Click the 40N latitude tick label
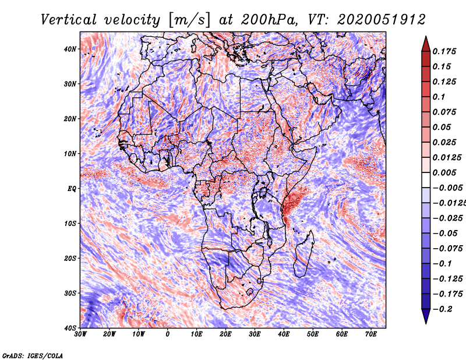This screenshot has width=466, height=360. coord(70,49)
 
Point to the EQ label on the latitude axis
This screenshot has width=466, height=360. coord(72,188)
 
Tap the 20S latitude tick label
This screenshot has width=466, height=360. coord(70,258)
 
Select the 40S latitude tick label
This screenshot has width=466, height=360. coord(70,327)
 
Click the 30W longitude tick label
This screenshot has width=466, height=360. coord(80,334)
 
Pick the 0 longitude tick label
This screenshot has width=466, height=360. coord(168,334)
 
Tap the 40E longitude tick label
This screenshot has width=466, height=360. coord(284,334)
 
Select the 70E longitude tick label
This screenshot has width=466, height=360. coord(371,334)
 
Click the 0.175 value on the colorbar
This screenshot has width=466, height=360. coord(444,51)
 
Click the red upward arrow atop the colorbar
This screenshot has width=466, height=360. coord(426,44)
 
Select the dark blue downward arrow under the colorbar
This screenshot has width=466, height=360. coord(426,316)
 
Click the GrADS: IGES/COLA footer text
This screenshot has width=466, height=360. coord(33,355)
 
